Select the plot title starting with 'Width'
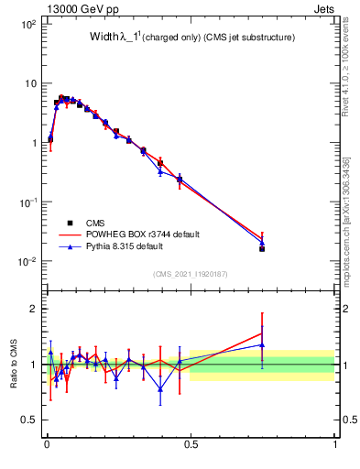click(191, 38)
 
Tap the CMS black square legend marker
click(70, 223)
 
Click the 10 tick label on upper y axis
click(29, 83)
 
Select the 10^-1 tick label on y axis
click(27, 202)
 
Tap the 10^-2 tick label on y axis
click(27, 261)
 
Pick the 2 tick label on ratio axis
click(33, 309)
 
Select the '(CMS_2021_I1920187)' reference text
click(191, 273)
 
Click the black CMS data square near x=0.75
click(262, 248)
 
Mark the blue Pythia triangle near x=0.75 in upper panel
click(262, 242)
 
